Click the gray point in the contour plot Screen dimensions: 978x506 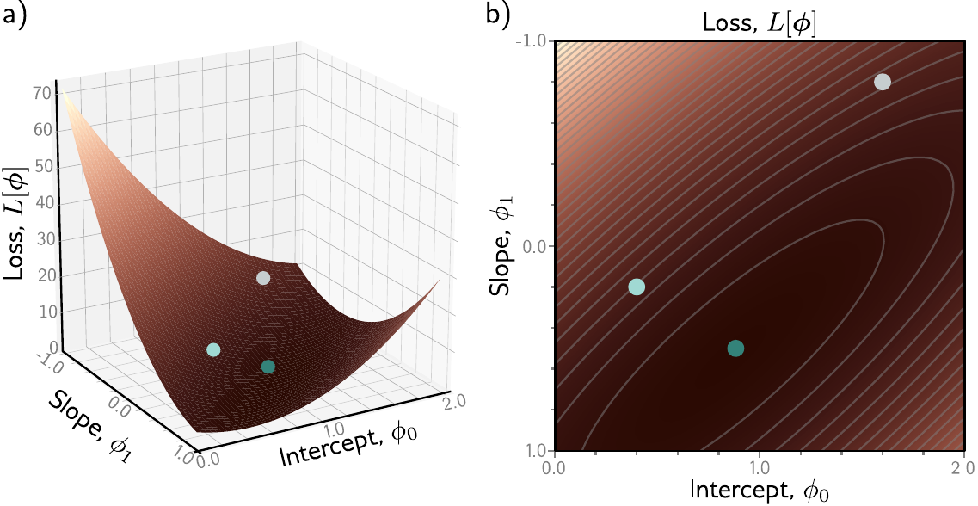click(x=882, y=82)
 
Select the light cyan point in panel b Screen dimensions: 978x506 click(x=637, y=287)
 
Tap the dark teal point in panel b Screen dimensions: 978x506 click(x=735, y=349)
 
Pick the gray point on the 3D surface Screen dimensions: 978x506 click(x=264, y=278)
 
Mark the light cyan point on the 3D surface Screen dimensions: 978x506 click(x=213, y=349)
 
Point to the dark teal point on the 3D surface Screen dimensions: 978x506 click(x=268, y=367)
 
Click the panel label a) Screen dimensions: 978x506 click(x=15, y=15)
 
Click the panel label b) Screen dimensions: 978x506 click(x=499, y=15)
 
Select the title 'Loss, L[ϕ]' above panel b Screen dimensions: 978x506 click(x=760, y=24)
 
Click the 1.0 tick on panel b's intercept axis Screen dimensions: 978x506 click(x=759, y=466)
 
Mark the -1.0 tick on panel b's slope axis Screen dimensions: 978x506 click(x=534, y=41)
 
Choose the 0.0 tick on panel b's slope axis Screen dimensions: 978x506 click(x=538, y=246)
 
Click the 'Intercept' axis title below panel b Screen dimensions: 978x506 click(x=759, y=489)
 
